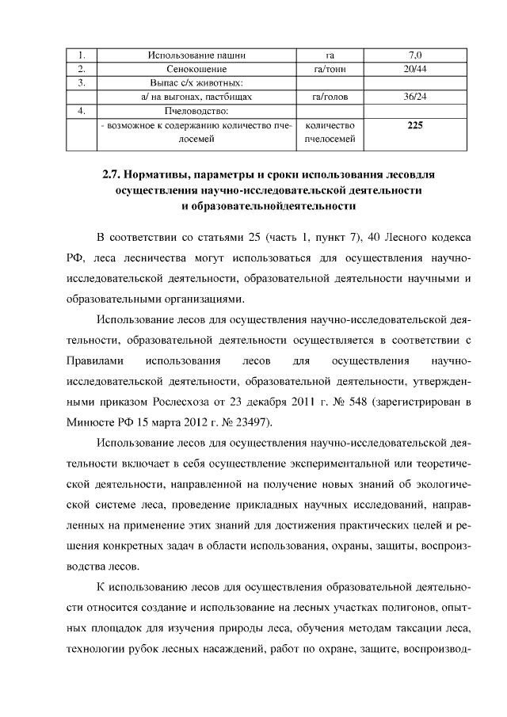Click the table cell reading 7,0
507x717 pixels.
414,55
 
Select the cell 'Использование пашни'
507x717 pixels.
196,55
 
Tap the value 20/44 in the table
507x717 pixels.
414,69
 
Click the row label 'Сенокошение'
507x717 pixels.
196,69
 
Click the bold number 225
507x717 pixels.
414,125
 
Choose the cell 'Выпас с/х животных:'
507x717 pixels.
196,82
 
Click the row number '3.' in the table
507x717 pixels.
82,82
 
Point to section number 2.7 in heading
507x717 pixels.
114,174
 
